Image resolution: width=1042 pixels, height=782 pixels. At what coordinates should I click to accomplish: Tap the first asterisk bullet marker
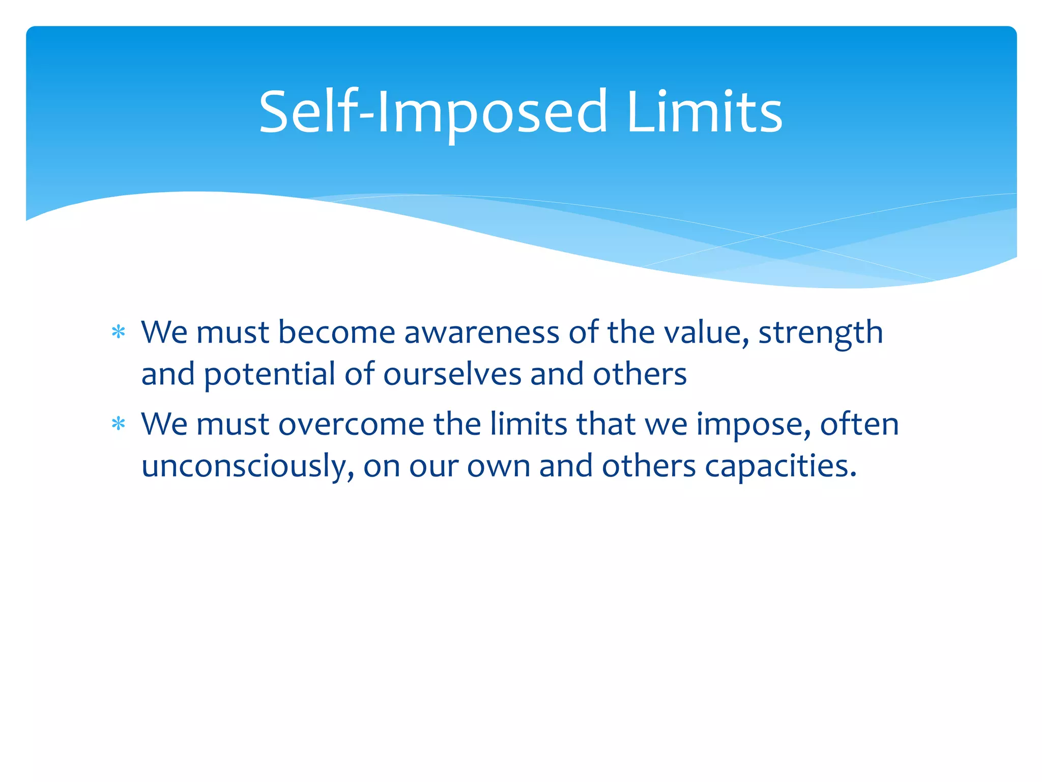click(x=119, y=332)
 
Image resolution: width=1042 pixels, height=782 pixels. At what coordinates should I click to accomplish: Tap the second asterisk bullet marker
click(x=119, y=424)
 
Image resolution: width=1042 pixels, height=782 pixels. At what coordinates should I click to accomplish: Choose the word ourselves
click(x=452, y=374)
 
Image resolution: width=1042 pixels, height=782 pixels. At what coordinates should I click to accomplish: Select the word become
click(x=337, y=333)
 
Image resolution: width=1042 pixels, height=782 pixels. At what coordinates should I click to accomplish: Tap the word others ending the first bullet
click(x=640, y=374)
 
